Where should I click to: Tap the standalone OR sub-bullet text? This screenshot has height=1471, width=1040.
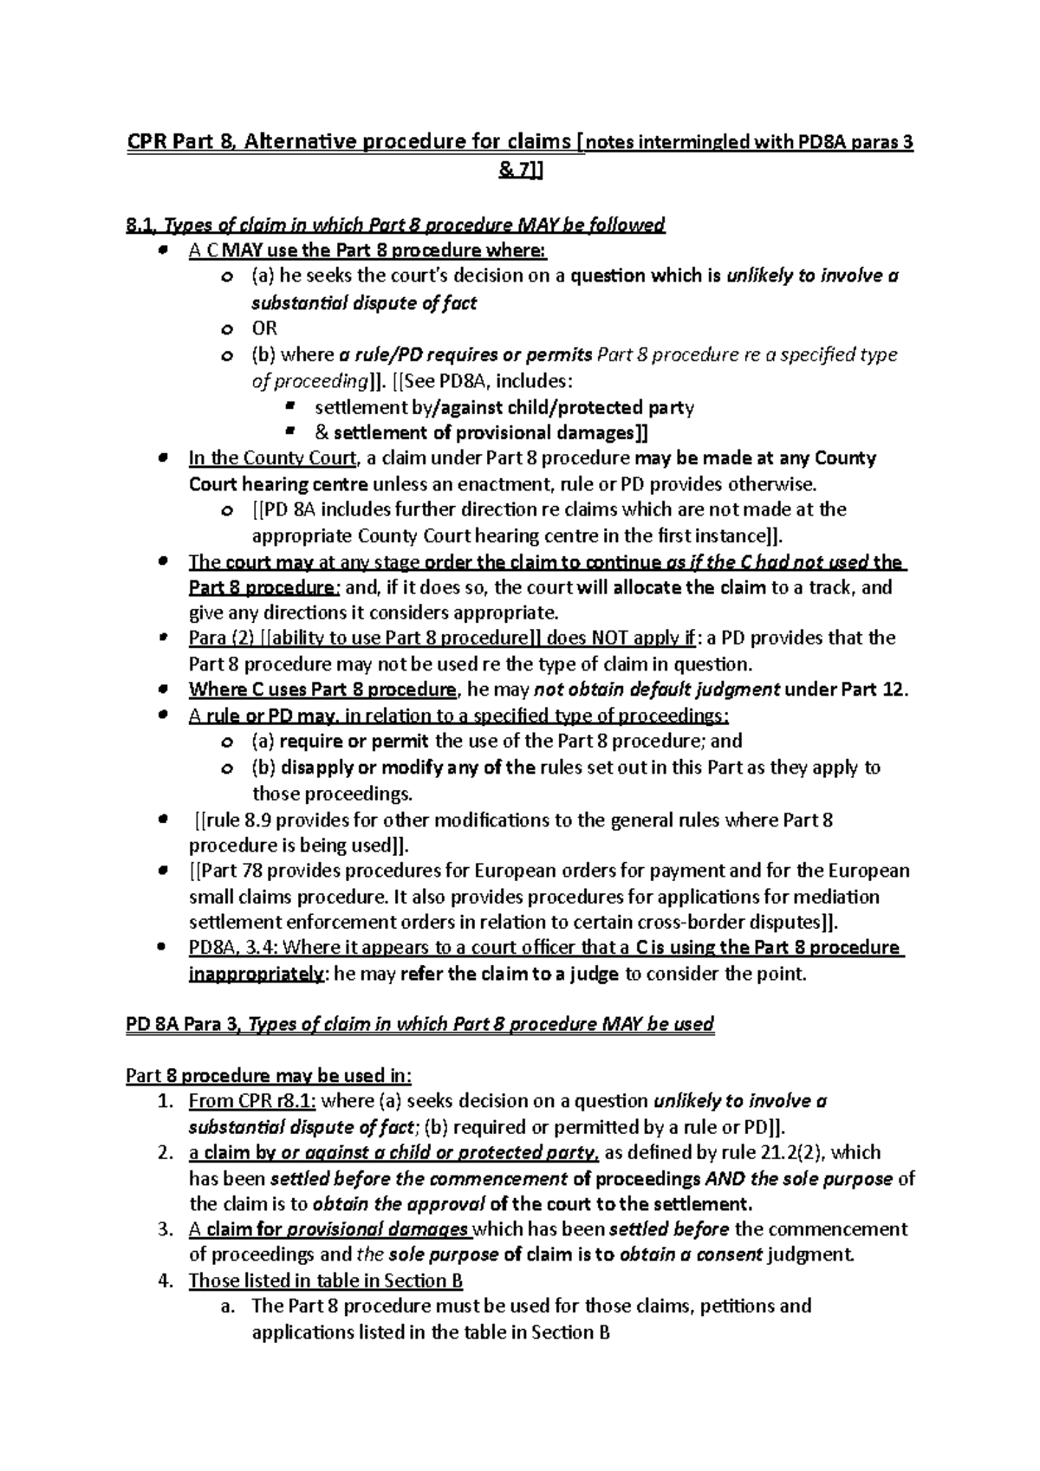(x=263, y=328)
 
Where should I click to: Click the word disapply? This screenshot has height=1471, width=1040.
(x=315, y=768)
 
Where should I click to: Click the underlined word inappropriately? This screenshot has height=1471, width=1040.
(x=257, y=974)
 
